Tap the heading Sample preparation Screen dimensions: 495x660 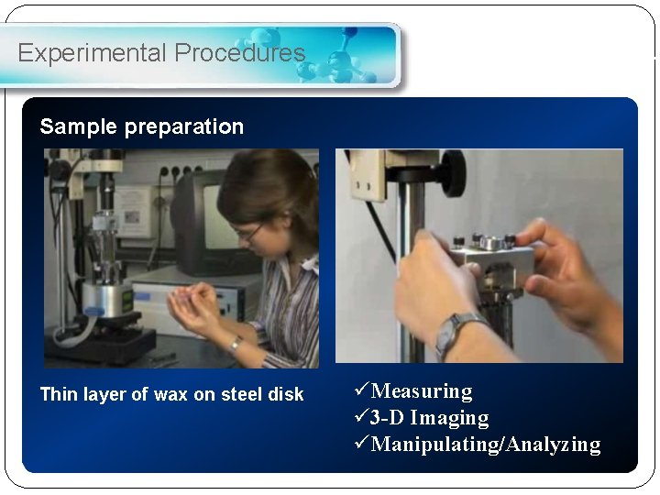click(x=141, y=126)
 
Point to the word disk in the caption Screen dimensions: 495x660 click(x=284, y=394)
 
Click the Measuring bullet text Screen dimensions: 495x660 click(x=422, y=391)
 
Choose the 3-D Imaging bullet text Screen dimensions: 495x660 click(x=429, y=418)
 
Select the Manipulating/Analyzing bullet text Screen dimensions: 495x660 click(x=486, y=445)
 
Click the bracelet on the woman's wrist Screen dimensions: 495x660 click(x=236, y=345)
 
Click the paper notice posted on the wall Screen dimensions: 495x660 click(x=132, y=210)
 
